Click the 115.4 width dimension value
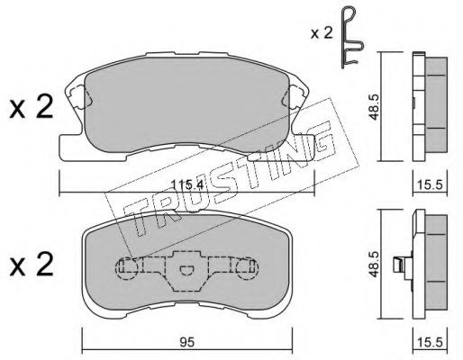point(187,184)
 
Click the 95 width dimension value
point(187,342)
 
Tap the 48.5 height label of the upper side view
point(374,107)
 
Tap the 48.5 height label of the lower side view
point(374,264)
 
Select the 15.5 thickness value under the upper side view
point(430,184)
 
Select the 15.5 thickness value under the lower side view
point(430,342)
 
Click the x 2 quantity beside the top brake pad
point(32,107)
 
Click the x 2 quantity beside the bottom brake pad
point(32,264)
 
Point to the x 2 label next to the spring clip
point(322,32)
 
